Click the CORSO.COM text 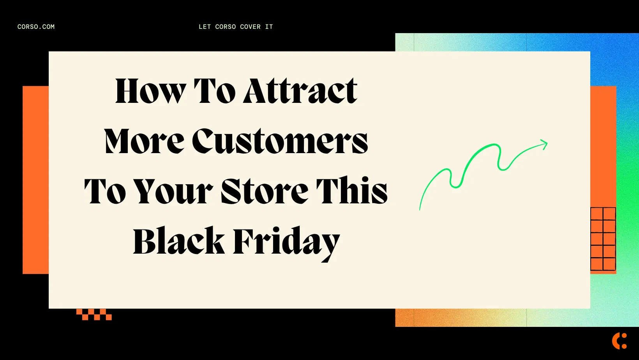(36, 27)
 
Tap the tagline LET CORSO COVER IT (236, 27)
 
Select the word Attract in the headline (300, 92)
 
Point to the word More (144, 141)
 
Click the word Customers (280, 141)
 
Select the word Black (179, 242)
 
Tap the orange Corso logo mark (620, 341)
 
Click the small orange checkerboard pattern (94, 314)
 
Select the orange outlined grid (603, 239)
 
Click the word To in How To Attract (215, 92)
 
